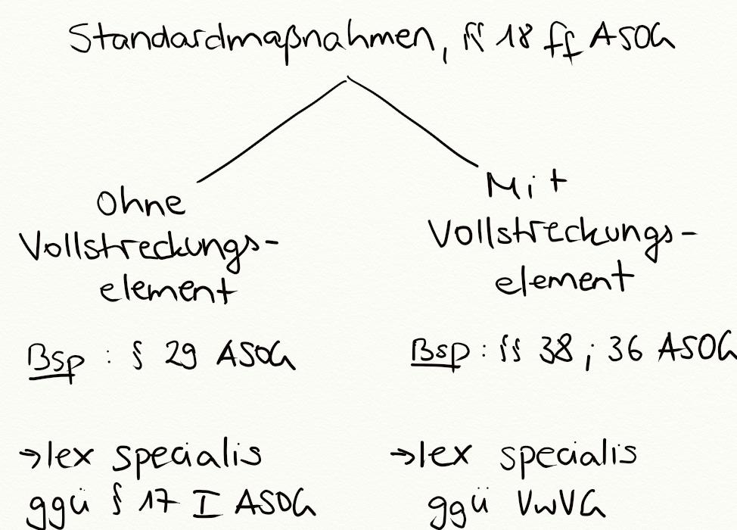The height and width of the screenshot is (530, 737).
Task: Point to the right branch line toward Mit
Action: (x=412, y=121)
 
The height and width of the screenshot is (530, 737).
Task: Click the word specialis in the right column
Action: (x=567, y=455)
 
